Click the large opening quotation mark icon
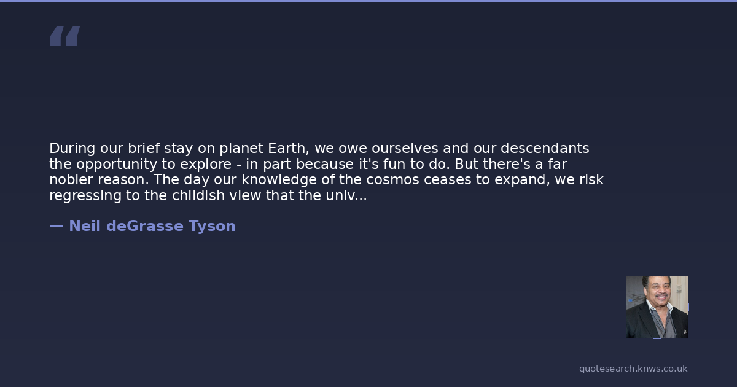point(65,36)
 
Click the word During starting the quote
point(72,149)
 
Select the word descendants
point(545,149)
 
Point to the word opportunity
point(117,165)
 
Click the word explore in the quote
point(206,165)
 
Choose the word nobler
point(71,179)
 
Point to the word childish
point(198,195)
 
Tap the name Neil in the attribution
point(85,226)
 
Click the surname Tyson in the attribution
point(212,227)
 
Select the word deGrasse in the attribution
point(145,226)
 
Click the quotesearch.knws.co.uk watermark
point(633,369)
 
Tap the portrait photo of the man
point(657,307)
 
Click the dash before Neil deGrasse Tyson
point(57,227)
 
